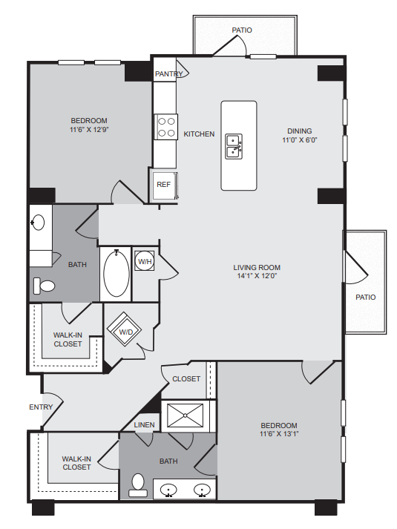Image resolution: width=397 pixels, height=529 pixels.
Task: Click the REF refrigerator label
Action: pos(163,185)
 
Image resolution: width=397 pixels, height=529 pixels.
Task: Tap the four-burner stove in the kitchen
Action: pos(166,127)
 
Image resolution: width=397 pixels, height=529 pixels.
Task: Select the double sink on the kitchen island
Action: pos(234,146)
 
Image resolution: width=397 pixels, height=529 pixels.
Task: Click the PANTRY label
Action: pos(168,73)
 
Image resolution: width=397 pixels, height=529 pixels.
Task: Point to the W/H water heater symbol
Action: pos(145,260)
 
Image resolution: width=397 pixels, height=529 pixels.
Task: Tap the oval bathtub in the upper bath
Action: pos(116,274)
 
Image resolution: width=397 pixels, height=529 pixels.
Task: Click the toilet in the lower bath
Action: pos(138,485)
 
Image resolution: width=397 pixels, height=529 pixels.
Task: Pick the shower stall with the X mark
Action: pos(186,416)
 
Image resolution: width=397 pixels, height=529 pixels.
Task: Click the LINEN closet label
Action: pos(144,424)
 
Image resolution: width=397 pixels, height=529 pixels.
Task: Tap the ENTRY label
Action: pos(41,407)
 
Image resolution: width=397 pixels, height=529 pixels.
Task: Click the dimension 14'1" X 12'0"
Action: pos(257,276)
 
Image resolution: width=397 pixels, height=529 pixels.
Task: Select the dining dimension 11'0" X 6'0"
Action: pos(300,139)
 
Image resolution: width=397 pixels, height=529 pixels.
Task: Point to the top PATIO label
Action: pos(242,30)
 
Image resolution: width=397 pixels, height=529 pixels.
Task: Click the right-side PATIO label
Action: pos(365,298)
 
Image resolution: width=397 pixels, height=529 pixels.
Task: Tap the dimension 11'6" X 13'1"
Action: pos(279,434)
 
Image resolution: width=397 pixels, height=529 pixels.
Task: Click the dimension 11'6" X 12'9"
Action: pos(89,129)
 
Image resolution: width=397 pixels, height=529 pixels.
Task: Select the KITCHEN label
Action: pos(199,134)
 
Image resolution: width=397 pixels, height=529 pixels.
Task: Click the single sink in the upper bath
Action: pos(38,223)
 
